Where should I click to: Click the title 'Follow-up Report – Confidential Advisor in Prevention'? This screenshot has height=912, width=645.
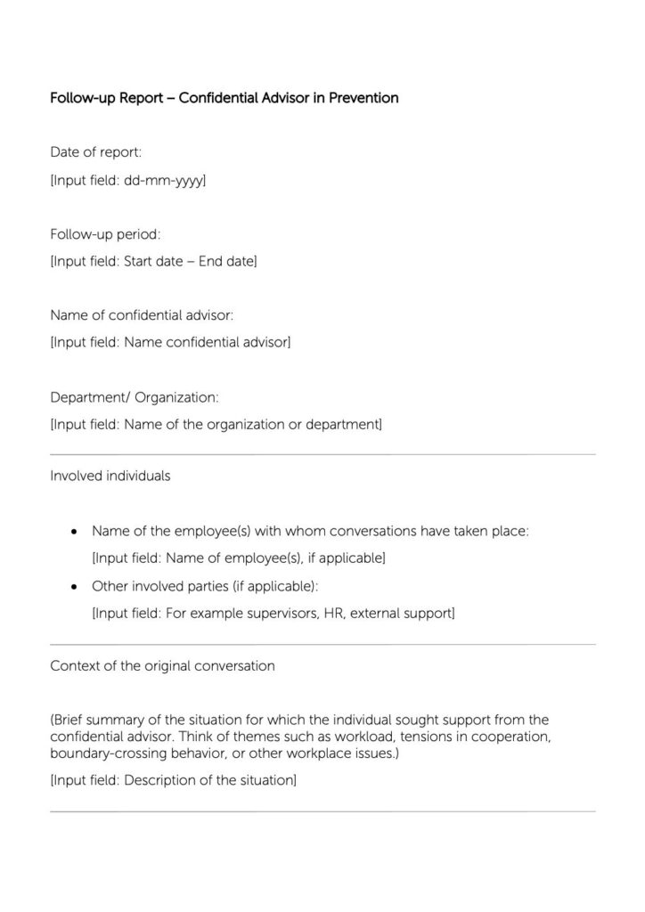coord(224,98)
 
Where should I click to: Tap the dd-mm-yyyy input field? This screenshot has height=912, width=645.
coord(128,180)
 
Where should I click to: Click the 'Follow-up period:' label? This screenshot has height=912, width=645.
coord(105,234)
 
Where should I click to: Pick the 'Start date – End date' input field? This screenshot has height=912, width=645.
coord(154,262)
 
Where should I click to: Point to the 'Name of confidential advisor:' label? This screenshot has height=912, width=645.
coord(143,315)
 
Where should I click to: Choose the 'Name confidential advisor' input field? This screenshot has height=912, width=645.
coord(170,342)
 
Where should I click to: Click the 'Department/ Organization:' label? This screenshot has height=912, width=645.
coord(134,397)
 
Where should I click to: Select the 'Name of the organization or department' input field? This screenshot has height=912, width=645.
coord(216,424)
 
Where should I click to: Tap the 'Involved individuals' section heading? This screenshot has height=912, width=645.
coord(110,476)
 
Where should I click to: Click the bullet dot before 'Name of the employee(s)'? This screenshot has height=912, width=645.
coord(74,532)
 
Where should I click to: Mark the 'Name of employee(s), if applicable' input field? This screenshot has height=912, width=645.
coord(239,558)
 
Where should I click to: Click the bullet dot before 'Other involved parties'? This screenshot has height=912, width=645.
coord(74,587)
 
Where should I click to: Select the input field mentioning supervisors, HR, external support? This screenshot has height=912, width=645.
coord(274,614)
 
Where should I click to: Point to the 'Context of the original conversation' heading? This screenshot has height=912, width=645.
coord(162,665)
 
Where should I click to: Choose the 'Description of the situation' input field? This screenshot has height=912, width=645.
coord(174,780)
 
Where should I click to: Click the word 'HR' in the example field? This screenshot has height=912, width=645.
coord(332,614)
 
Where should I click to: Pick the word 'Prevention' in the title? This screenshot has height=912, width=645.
coord(363,98)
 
